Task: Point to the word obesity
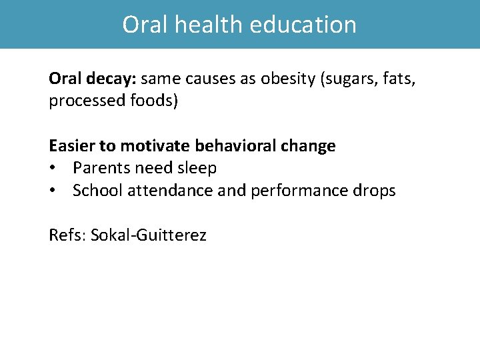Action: coord(288,79)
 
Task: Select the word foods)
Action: coord(157,102)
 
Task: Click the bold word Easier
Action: coord(72,146)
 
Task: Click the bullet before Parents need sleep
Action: coord(53,169)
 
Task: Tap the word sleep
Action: coord(196,169)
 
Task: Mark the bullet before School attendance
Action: coord(53,191)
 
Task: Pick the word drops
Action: coord(377,191)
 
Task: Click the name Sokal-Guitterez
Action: coord(149,235)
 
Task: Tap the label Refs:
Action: coord(67,235)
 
